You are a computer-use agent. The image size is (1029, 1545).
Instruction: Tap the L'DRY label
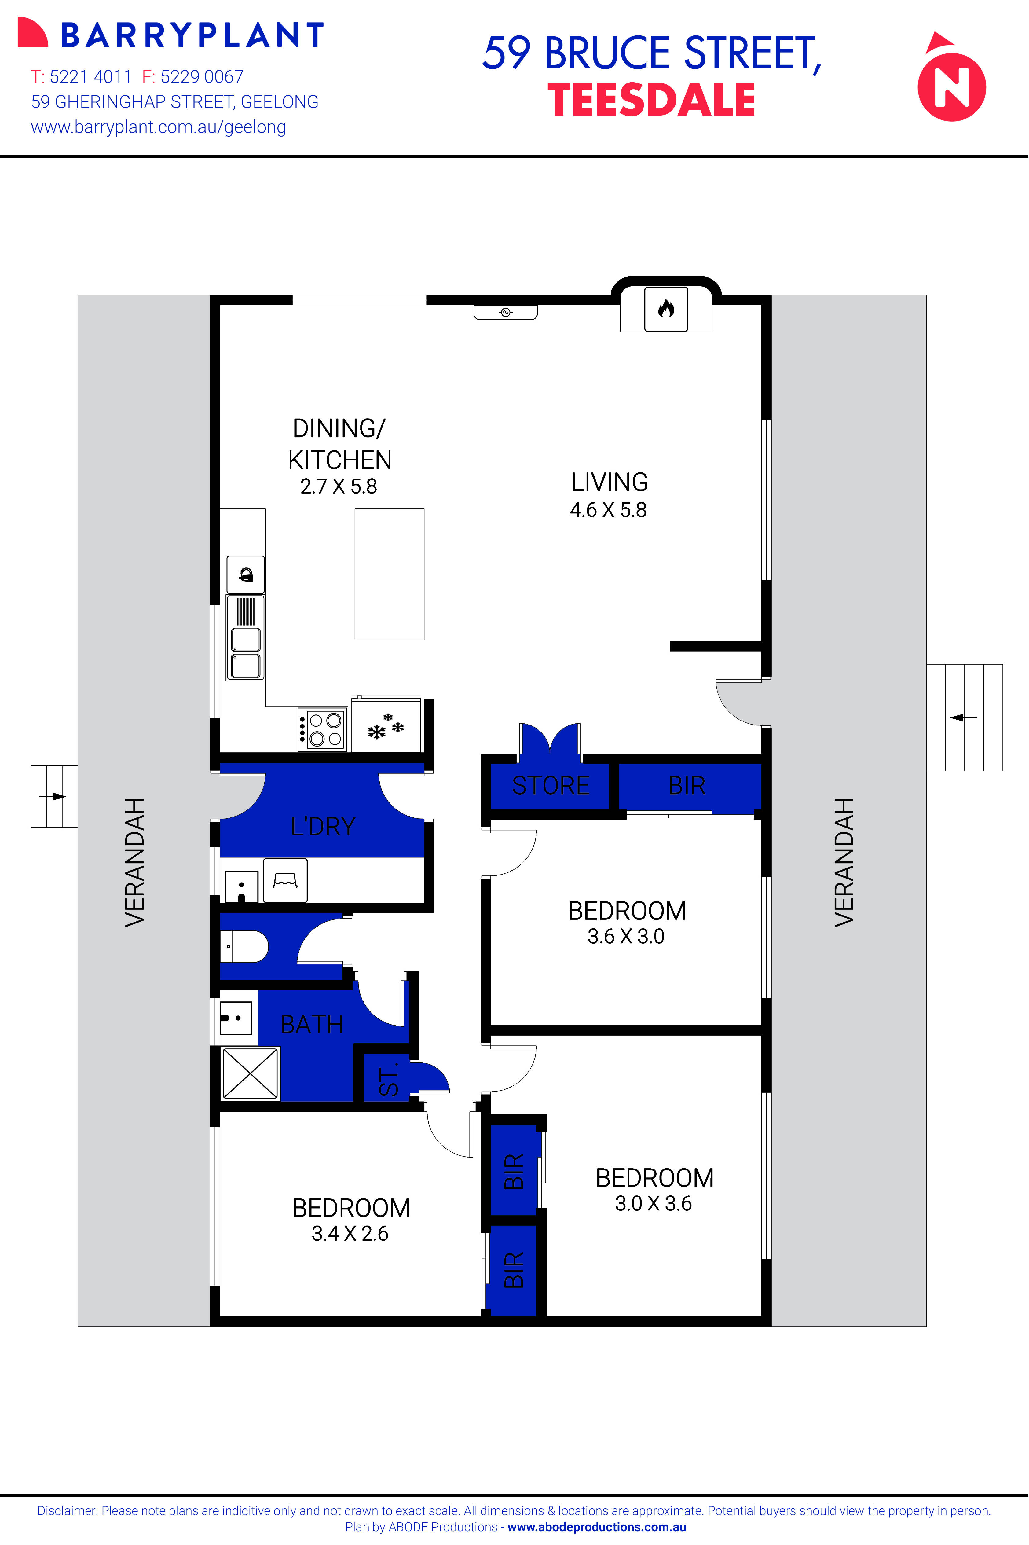[323, 826]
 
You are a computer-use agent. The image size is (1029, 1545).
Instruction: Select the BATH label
[312, 1024]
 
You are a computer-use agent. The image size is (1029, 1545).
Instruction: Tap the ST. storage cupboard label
[389, 1078]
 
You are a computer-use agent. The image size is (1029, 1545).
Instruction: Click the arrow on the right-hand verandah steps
[963, 717]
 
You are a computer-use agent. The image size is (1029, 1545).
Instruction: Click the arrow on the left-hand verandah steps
[54, 796]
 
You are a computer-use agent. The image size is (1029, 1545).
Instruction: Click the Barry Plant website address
[158, 127]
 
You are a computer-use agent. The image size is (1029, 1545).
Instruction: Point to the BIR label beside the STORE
[687, 785]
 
